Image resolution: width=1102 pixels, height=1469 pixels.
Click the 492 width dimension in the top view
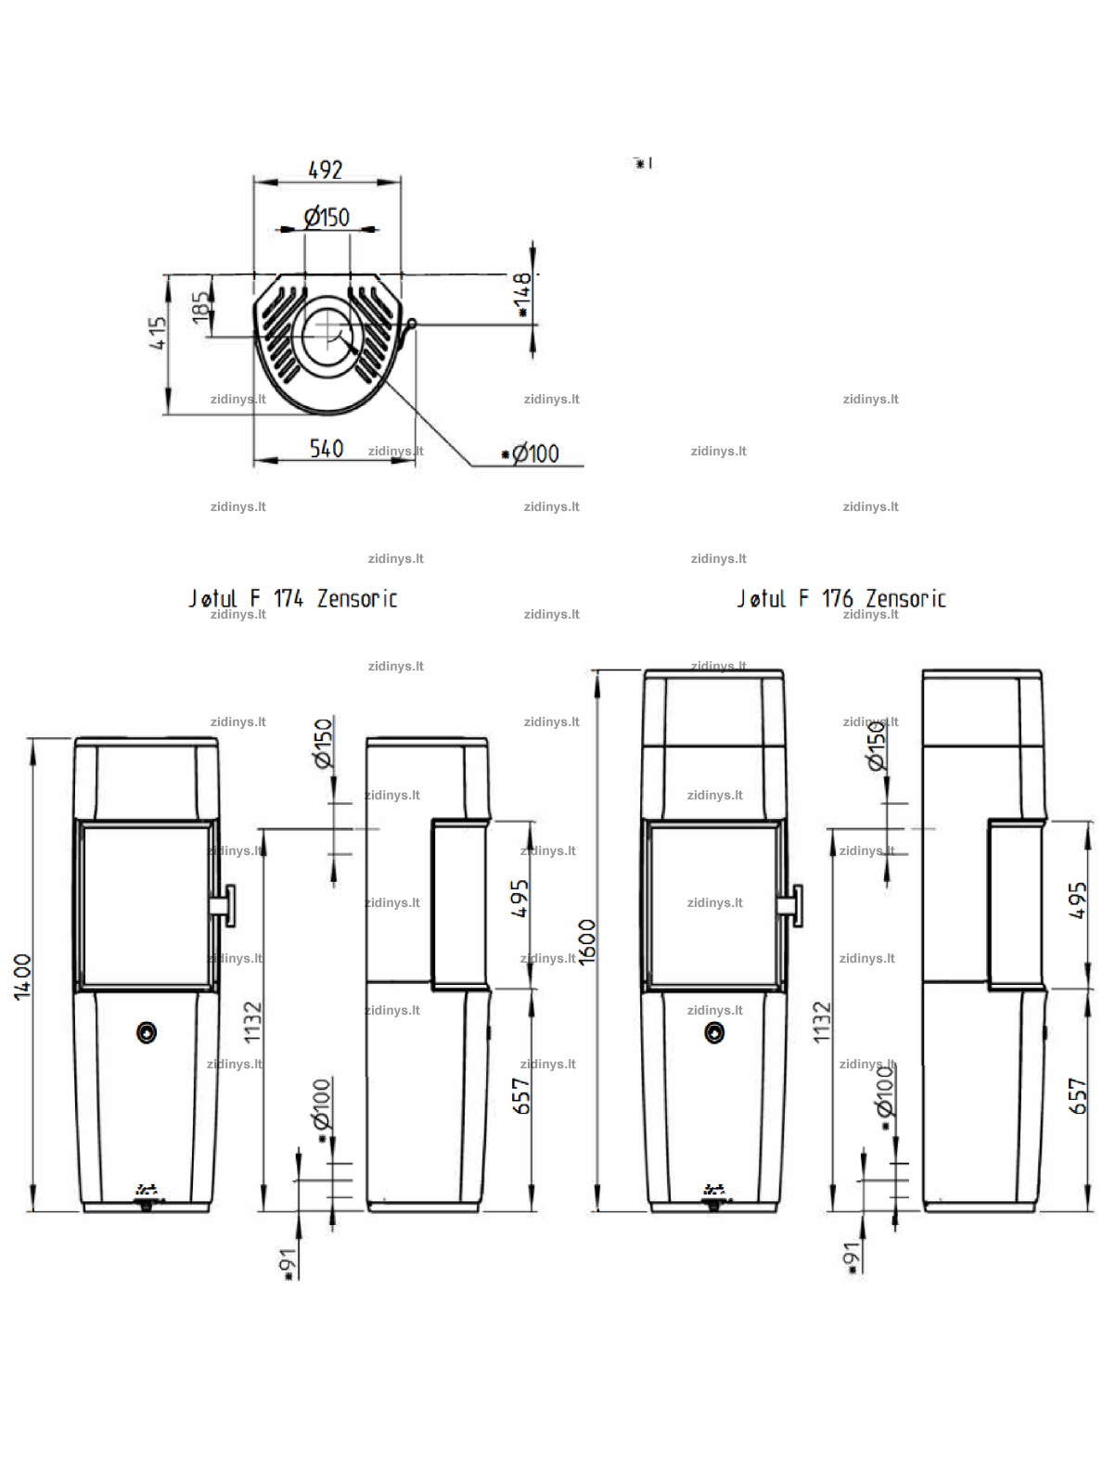click(326, 170)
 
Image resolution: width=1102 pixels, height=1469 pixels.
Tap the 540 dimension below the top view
click(327, 448)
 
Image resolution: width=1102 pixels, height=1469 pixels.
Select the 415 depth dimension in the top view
click(158, 333)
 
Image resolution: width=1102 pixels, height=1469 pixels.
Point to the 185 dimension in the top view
click(200, 307)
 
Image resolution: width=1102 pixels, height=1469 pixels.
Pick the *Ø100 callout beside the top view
click(531, 453)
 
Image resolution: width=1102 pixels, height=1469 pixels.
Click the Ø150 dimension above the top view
click(327, 218)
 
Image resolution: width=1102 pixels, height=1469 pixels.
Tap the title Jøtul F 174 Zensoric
click(293, 598)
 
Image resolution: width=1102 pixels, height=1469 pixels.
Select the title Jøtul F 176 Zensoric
click(841, 598)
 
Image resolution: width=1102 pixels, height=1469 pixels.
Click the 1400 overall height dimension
click(23, 977)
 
